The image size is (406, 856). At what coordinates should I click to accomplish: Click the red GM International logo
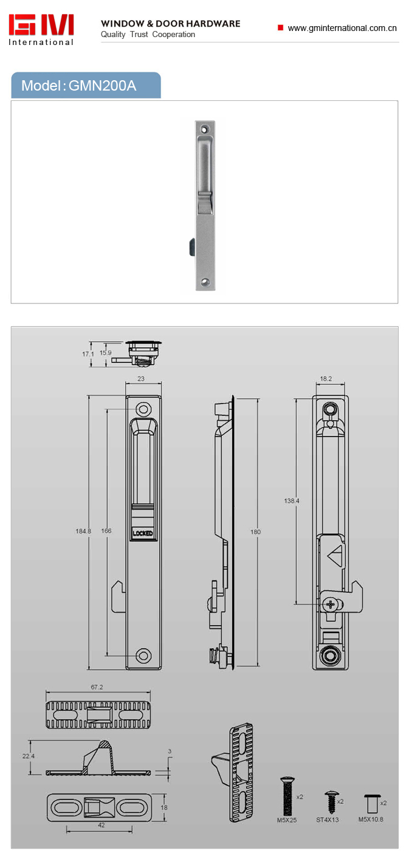[x=41, y=30]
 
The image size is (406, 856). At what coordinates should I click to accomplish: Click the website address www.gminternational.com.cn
[x=342, y=28]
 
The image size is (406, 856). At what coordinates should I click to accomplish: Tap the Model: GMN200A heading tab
[x=86, y=86]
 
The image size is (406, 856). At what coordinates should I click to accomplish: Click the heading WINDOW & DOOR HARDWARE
[x=171, y=24]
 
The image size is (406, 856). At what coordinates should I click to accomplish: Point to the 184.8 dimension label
[x=83, y=531]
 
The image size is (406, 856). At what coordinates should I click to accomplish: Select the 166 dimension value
[x=106, y=531]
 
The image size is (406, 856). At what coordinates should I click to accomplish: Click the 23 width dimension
[x=141, y=379]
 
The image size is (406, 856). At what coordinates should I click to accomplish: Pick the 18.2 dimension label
[x=326, y=379]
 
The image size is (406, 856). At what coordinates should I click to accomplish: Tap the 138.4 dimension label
[x=292, y=500]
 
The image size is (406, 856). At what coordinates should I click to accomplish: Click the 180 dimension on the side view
[x=255, y=532]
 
